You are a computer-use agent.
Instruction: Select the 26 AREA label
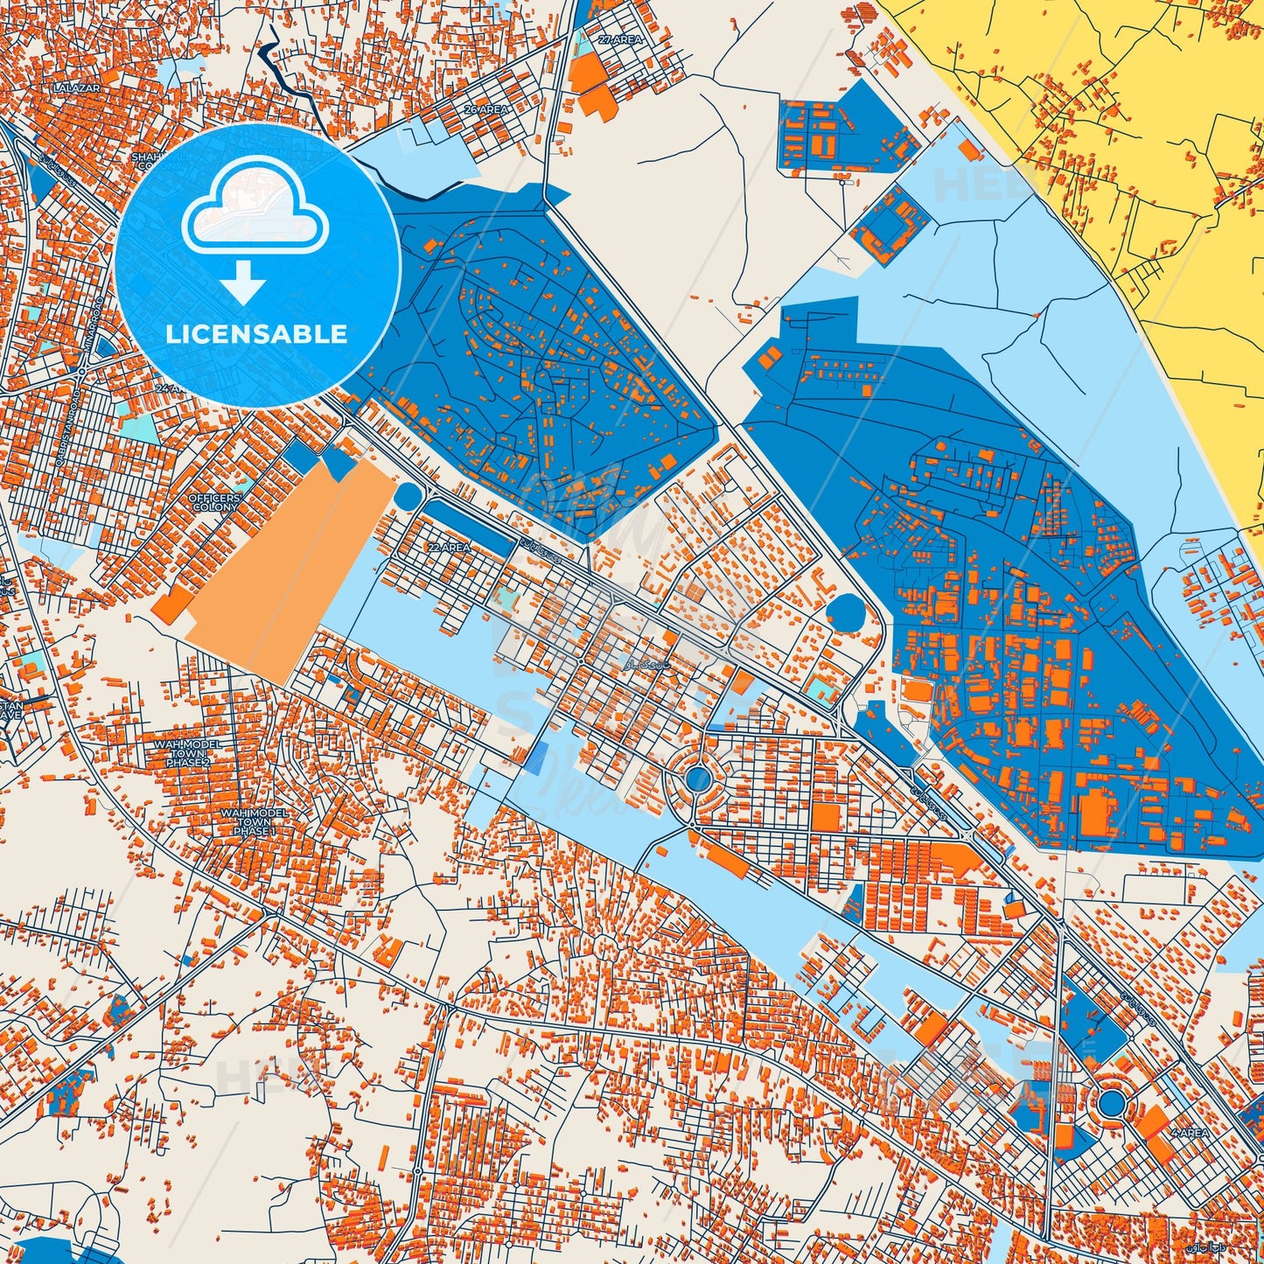(486, 110)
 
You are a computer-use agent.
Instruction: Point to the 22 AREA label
(449, 547)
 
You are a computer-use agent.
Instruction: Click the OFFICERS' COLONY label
(213, 503)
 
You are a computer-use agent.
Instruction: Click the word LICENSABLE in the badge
(257, 334)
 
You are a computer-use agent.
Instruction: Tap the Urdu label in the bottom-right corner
(1237, 1247)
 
